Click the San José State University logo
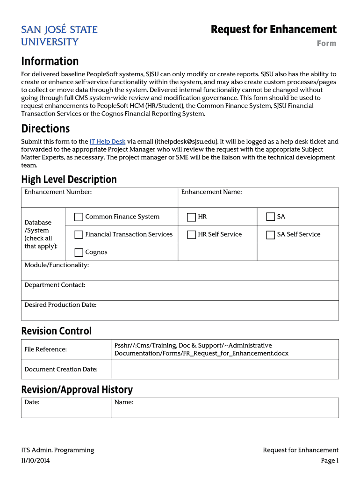(59, 36)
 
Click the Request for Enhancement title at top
(274, 29)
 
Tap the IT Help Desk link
(108, 141)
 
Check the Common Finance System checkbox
(79, 217)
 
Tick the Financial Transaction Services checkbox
(79, 235)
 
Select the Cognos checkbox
(79, 253)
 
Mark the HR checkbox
(191, 217)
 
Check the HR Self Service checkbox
(191, 235)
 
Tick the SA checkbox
(270, 217)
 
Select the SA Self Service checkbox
(270, 235)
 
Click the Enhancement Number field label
(58, 192)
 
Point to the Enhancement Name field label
(211, 192)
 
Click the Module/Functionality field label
(57, 265)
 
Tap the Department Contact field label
(55, 285)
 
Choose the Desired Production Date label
(60, 305)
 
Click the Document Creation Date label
(61, 369)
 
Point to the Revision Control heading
(57, 331)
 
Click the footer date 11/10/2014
(36, 461)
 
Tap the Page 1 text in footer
(329, 461)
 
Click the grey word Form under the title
(326, 44)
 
